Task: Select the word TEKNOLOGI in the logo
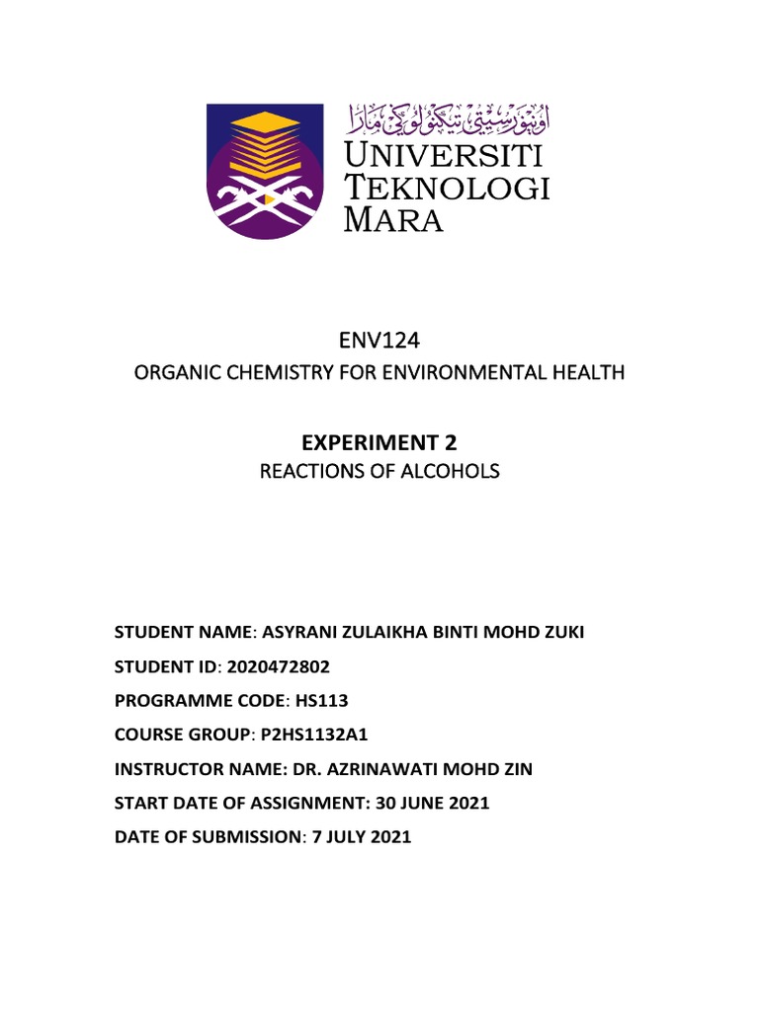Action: (x=446, y=188)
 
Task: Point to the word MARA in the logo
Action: (x=392, y=219)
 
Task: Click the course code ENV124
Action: (x=379, y=342)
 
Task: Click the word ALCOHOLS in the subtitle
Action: (x=459, y=472)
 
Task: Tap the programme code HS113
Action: (x=321, y=700)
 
